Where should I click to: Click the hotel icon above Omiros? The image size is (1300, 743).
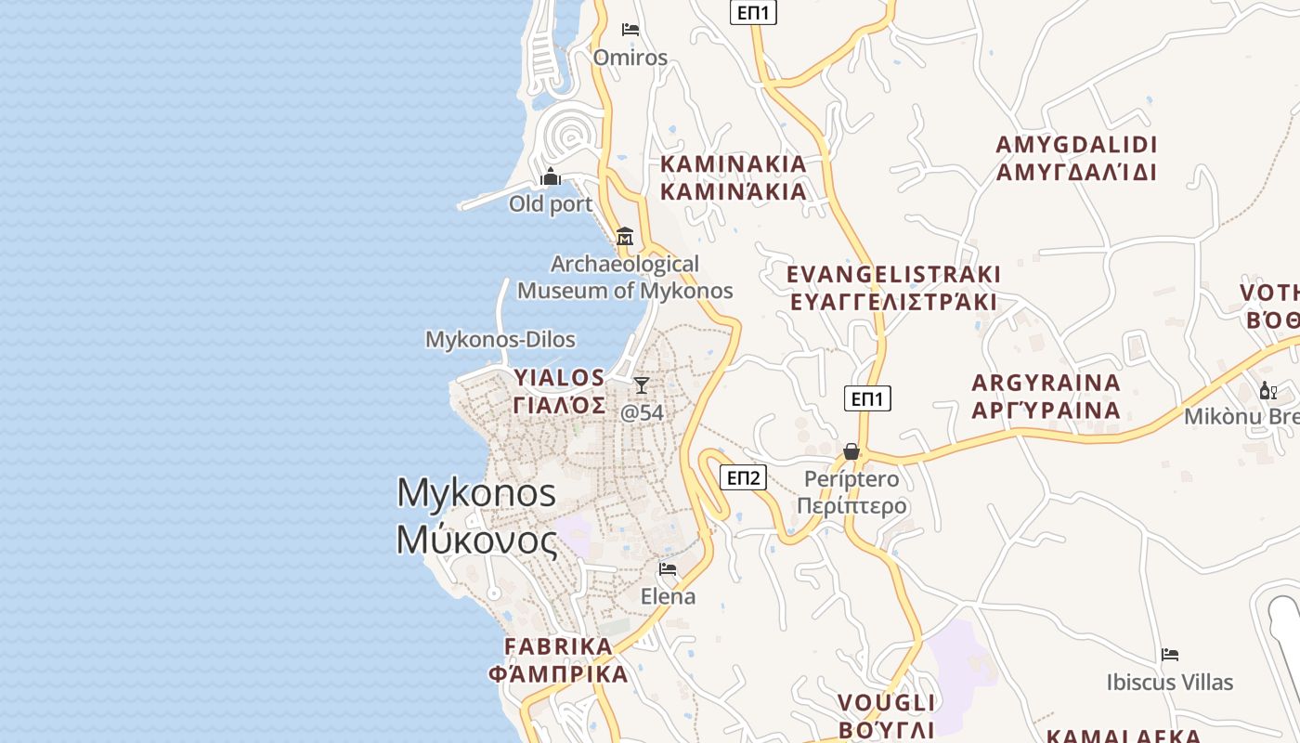630,30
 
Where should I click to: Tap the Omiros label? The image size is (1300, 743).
630,58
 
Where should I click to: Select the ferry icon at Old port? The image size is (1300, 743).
551,176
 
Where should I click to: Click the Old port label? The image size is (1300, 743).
551,203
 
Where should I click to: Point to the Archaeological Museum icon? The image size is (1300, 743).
625,236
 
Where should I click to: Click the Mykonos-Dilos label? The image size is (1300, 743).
500,340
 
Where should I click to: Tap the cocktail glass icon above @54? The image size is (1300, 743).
642,385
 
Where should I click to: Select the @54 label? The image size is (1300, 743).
642,412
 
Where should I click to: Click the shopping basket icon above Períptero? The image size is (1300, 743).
851,452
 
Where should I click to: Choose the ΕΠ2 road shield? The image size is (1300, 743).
743,477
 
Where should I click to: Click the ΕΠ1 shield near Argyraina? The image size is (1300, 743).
867,398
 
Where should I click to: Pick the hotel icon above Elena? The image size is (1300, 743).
668,568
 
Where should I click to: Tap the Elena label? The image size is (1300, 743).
668,596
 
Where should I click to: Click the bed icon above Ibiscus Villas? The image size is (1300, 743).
1170,655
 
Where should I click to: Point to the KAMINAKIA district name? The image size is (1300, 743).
734,164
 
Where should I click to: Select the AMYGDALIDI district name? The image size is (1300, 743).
1077,146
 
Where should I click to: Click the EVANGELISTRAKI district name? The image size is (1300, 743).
893,275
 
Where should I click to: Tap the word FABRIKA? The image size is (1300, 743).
559,646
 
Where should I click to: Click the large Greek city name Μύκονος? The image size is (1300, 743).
477,541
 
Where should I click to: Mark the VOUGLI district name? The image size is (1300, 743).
887,702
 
